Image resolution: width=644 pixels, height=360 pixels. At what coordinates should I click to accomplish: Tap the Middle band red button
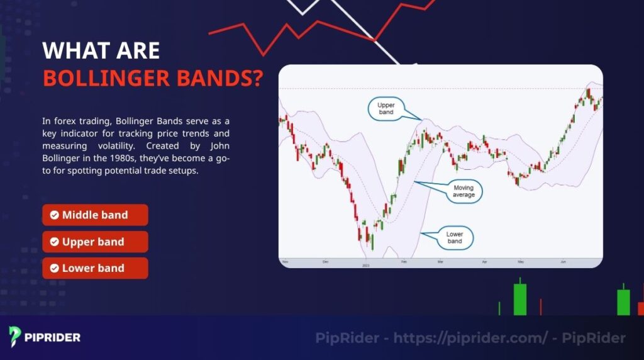coord(95,215)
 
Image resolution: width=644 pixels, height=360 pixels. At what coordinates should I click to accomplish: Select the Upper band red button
coord(95,242)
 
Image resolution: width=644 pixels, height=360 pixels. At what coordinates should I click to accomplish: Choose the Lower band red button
coord(95,268)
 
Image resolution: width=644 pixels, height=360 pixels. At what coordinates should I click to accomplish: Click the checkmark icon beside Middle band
coord(55,215)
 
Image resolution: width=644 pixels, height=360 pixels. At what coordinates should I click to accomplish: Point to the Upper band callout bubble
coord(386,108)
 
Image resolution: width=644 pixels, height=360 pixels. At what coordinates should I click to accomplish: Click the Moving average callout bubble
coord(464,191)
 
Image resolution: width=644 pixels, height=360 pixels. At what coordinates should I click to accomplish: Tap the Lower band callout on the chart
coord(454,237)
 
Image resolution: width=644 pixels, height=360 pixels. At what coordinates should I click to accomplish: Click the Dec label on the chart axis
coord(325,261)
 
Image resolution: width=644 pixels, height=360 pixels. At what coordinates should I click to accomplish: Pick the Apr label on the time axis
coord(484,261)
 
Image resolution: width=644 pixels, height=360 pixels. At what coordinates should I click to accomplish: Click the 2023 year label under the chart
coord(365,265)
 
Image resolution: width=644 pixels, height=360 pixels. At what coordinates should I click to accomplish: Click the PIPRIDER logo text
coord(52,337)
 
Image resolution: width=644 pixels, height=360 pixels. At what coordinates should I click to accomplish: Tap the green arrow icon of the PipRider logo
coord(16,336)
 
